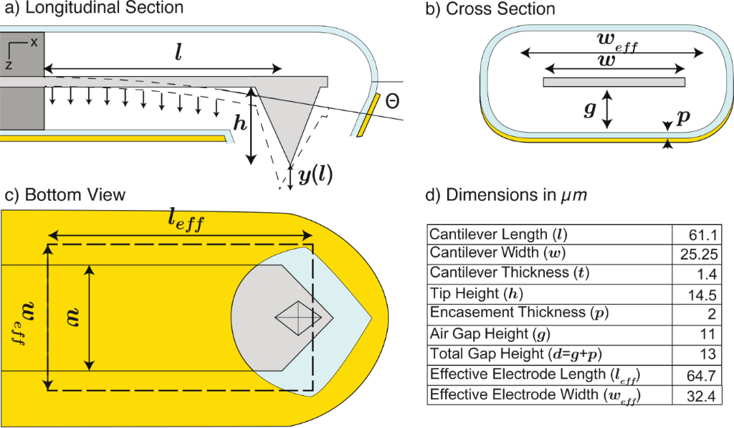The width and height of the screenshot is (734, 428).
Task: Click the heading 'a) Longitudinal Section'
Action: (92, 9)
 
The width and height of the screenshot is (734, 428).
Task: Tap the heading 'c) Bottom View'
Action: (64, 195)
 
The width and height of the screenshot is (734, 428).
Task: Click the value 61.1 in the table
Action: (702, 234)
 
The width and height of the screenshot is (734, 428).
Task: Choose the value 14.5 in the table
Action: (702, 293)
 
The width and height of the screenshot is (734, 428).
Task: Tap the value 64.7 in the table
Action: (702, 374)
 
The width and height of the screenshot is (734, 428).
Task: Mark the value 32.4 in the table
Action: (702, 394)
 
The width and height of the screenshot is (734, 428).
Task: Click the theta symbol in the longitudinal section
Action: (392, 102)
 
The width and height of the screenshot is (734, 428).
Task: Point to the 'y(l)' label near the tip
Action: (315, 174)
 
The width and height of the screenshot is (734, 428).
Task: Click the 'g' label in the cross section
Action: (589, 109)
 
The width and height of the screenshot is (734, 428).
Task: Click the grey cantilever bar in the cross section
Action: (614, 82)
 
